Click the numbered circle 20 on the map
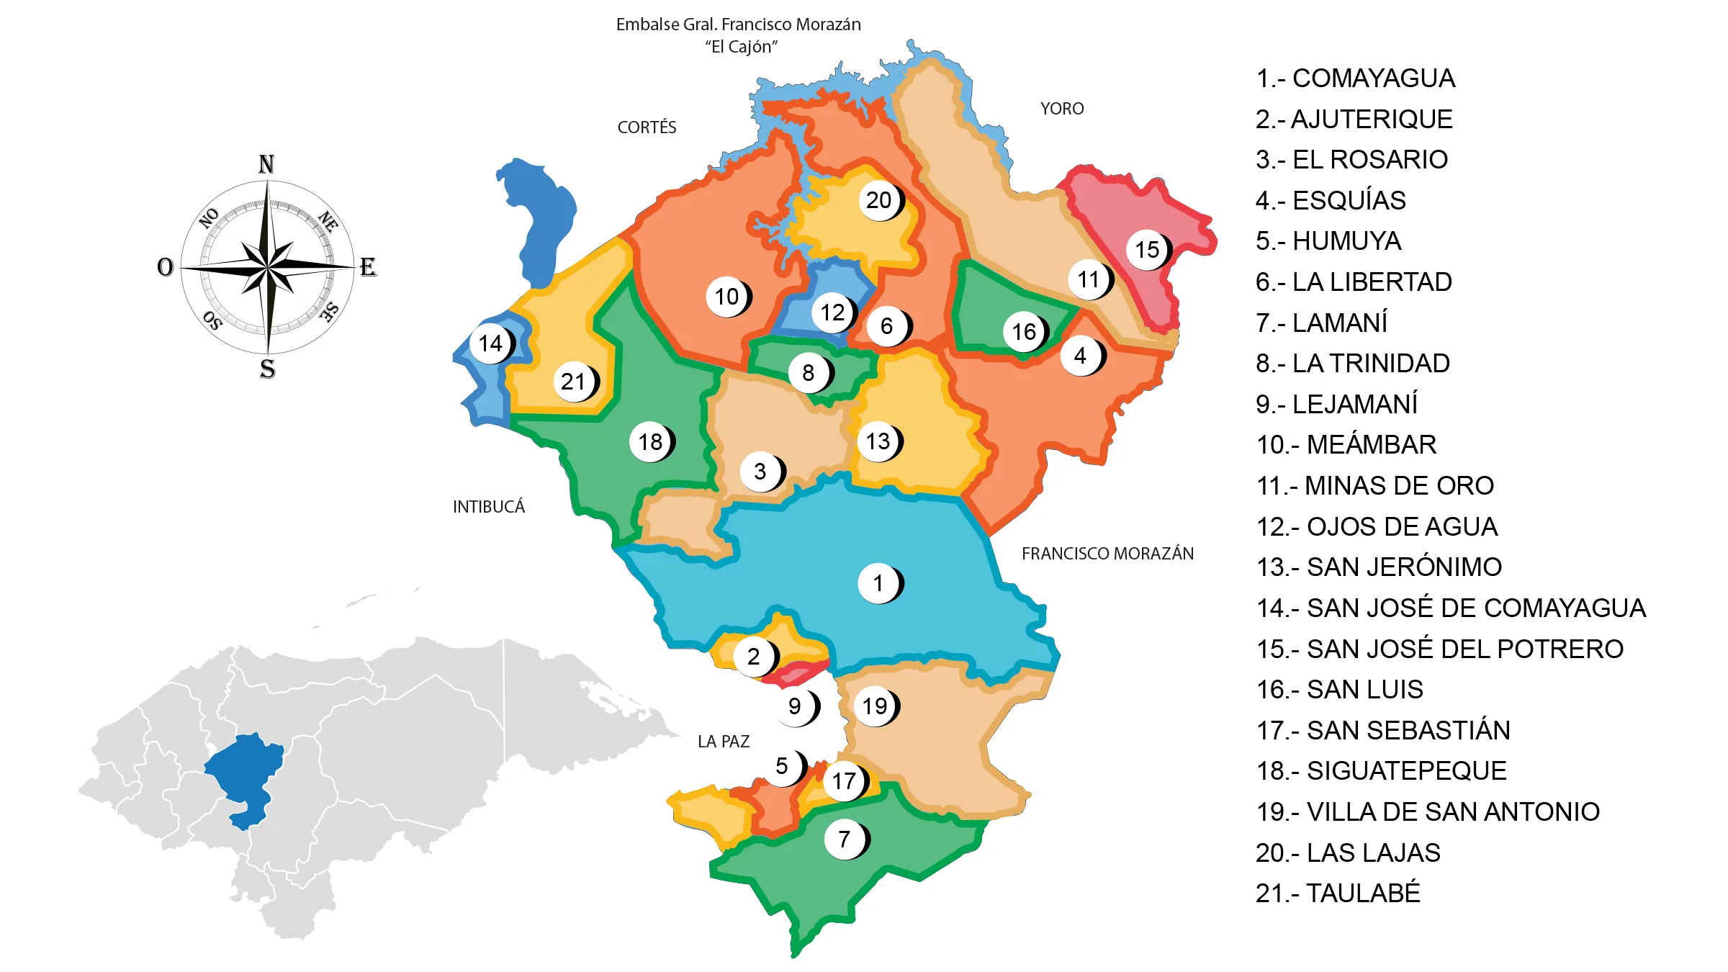click(x=878, y=200)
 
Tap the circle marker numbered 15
click(x=1147, y=250)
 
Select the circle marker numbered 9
click(x=795, y=706)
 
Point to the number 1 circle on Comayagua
click(x=878, y=582)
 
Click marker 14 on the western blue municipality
click(x=490, y=343)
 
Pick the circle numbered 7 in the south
click(x=845, y=839)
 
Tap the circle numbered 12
click(x=832, y=312)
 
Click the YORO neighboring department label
click(x=1062, y=109)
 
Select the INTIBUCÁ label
click(x=489, y=507)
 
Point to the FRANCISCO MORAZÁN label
click(x=1107, y=554)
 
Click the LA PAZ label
click(x=724, y=742)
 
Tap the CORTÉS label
click(x=647, y=127)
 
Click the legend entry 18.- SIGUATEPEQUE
click(x=1381, y=771)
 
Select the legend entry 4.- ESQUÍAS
click(x=1331, y=200)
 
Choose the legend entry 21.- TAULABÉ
click(x=1338, y=894)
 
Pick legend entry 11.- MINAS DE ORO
click(x=1374, y=486)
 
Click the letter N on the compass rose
click(x=266, y=164)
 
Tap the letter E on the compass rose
click(x=368, y=267)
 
